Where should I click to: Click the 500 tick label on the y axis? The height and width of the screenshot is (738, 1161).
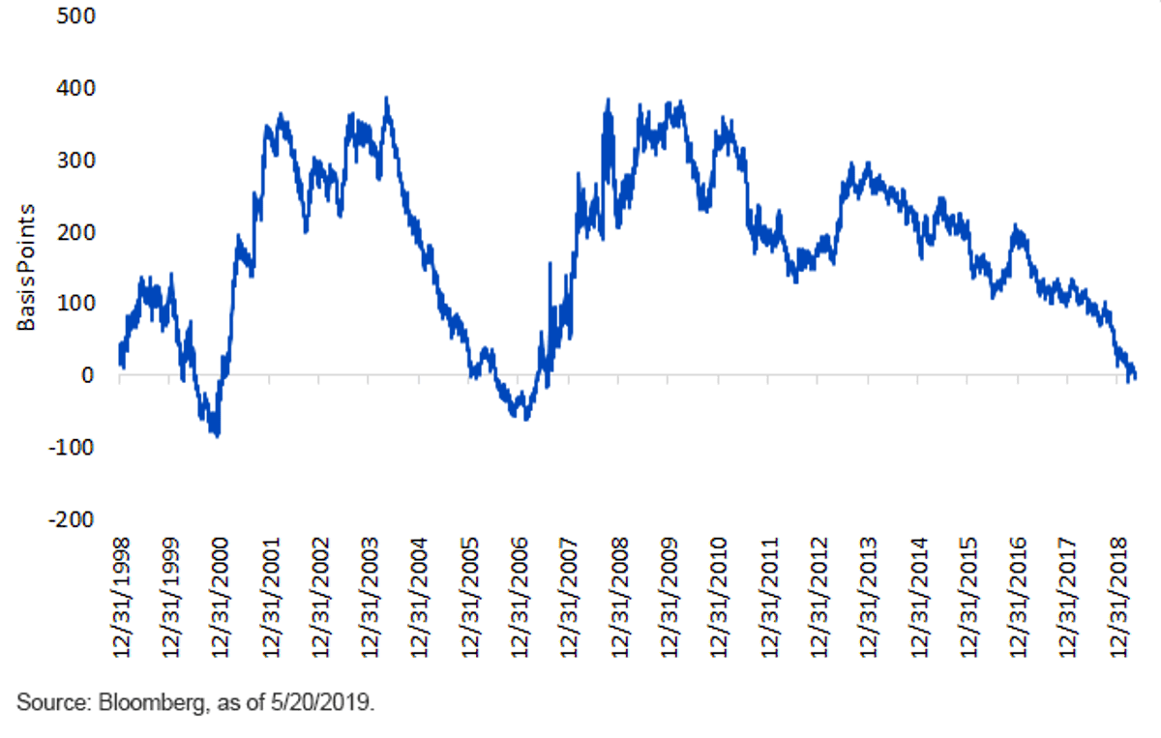(x=76, y=16)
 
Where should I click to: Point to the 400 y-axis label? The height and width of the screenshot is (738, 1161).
(x=76, y=89)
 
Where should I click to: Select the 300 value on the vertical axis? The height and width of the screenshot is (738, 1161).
(x=76, y=161)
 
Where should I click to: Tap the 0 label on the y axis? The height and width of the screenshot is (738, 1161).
(x=88, y=375)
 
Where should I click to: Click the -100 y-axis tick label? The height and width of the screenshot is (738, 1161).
(x=72, y=447)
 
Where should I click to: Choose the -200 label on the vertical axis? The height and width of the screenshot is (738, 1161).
(x=72, y=519)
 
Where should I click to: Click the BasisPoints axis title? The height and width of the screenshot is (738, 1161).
(x=26, y=267)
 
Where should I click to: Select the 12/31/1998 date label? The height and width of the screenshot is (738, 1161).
(x=121, y=598)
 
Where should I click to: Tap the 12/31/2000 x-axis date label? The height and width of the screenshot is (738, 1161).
(x=220, y=598)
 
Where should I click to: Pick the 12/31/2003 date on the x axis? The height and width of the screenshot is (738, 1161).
(x=370, y=598)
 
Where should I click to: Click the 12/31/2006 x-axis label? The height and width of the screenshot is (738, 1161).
(x=520, y=598)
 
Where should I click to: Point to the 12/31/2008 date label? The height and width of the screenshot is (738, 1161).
(x=620, y=598)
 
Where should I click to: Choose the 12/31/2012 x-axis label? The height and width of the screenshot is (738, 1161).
(x=819, y=598)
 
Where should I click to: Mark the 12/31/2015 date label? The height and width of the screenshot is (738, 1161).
(x=968, y=598)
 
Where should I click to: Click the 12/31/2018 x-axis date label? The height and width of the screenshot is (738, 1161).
(x=1118, y=598)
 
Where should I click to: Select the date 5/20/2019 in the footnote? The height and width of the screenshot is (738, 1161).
(x=321, y=703)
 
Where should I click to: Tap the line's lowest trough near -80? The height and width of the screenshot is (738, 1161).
(x=217, y=435)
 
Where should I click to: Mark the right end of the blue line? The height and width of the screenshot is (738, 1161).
(x=1136, y=377)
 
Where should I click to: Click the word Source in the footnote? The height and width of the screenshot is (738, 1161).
(x=54, y=703)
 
